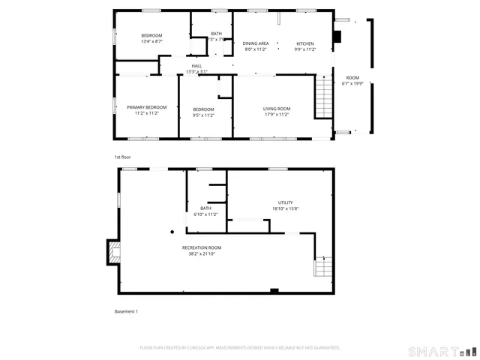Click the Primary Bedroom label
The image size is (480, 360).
tap(145, 107)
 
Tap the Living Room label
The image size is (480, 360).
tap(276, 109)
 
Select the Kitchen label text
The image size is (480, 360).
tap(304, 43)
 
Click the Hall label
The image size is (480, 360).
tap(196, 66)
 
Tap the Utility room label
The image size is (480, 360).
tap(286, 202)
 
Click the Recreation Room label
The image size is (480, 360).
tap(202, 247)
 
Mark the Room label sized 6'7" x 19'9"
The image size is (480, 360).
tap(352, 78)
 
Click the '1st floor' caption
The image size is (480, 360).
tap(122, 157)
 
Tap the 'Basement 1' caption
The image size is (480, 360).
tap(126, 311)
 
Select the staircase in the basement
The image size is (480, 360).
tap(322, 265)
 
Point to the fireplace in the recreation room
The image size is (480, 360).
tap(113, 253)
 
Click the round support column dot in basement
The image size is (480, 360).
tap(171, 232)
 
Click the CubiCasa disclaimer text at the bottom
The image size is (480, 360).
tap(240, 348)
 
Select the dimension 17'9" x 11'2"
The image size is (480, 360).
tap(276, 115)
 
